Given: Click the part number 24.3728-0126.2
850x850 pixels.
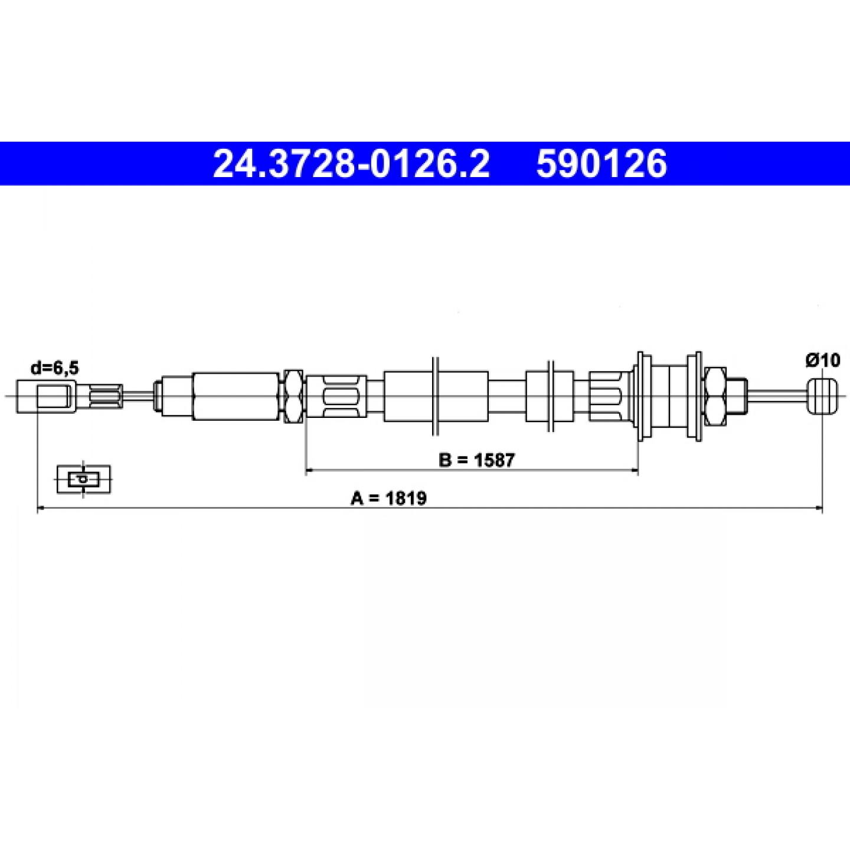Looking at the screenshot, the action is [x=351, y=164].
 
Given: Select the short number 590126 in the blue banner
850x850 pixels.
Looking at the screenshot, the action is [x=601, y=164].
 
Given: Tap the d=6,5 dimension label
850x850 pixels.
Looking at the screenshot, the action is [x=55, y=368].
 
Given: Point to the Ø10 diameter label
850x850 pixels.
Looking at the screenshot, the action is [x=823, y=361].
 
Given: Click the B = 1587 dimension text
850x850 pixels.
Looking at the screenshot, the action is [x=476, y=460].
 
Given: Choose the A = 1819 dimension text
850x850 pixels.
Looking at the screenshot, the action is [x=388, y=498].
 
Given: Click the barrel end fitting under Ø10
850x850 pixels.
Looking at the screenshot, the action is [x=822, y=395].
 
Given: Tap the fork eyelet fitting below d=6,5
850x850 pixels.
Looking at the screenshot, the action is [x=47, y=396].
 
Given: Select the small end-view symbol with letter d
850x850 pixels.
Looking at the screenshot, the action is [x=84, y=479].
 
